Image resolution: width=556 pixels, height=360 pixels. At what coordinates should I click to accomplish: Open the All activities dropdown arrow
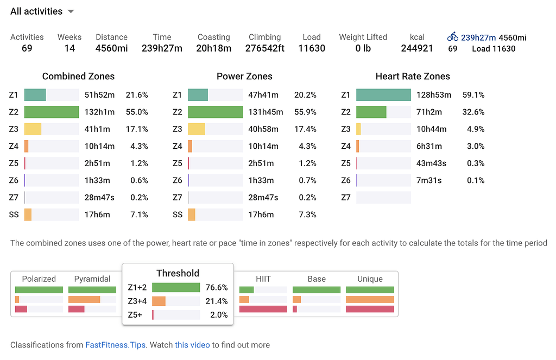71,12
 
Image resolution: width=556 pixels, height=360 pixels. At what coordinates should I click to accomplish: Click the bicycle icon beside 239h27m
453,37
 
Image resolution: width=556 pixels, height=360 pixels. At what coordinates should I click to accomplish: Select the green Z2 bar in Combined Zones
52,112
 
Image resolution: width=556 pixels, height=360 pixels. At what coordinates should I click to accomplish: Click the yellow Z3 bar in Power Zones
197,129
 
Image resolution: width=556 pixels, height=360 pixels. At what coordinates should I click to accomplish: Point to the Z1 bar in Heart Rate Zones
383,95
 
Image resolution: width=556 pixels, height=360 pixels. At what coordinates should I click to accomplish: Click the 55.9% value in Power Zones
305,112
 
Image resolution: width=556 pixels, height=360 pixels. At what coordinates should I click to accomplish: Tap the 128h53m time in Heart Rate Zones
434,95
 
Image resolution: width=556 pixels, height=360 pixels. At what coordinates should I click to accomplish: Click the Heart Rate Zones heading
413,77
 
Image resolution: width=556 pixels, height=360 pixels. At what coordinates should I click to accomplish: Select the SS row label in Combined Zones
14,214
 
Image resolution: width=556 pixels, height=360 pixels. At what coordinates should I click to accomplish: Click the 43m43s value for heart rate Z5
432,163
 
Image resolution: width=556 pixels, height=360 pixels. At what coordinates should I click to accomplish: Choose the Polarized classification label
39,279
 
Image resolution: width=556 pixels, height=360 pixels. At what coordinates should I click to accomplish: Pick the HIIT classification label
263,279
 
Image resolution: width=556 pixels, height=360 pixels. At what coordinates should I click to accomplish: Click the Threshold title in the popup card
178,274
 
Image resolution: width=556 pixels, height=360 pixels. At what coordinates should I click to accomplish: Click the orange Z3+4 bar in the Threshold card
159,301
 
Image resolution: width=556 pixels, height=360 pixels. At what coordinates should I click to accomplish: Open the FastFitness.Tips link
115,345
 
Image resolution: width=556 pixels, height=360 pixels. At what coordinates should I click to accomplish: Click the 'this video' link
192,345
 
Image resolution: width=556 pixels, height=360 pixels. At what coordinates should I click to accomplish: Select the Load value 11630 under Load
312,48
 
